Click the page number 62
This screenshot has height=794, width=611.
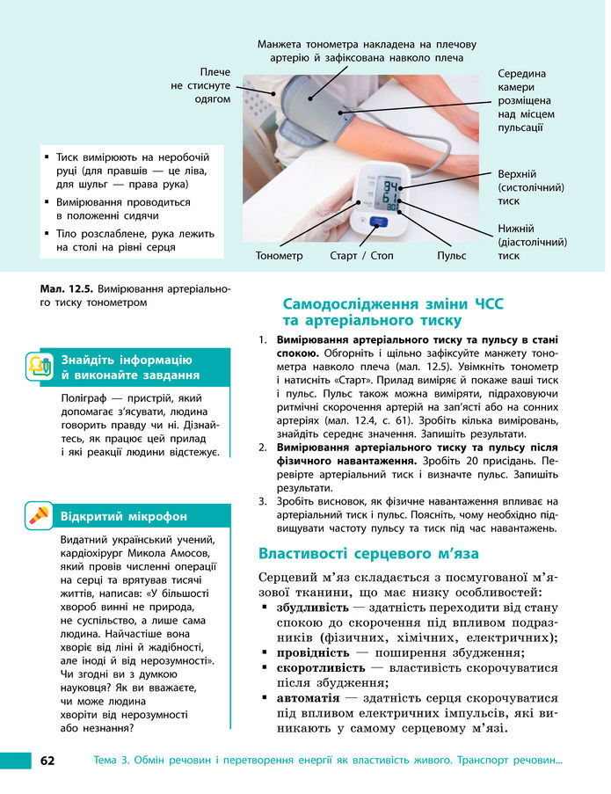pyautogui.click(x=47, y=760)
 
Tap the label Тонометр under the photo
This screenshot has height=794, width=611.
pyautogui.click(x=279, y=256)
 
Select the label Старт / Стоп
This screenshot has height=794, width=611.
pyautogui.click(x=361, y=256)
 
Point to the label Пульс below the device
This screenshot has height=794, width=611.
pyautogui.click(x=451, y=256)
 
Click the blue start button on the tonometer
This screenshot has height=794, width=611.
pyautogui.click(x=379, y=222)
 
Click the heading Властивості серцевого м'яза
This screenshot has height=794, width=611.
pyautogui.click(x=368, y=553)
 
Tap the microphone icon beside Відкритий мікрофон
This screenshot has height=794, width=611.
pyautogui.click(x=38, y=515)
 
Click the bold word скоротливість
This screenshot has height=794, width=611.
pyautogui.click(x=319, y=667)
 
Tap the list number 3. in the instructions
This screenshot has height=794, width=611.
pyautogui.click(x=262, y=501)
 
